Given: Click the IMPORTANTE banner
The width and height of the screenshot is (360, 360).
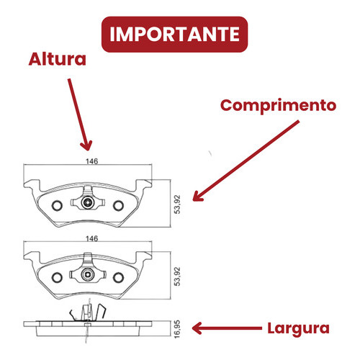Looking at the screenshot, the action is click(x=174, y=35).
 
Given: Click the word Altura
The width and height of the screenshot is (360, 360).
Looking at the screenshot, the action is click(x=58, y=59).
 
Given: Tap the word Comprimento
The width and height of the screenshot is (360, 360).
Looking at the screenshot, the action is click(x=278, y=106).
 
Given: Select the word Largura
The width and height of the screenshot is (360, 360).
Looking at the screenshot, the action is click(x=298, y=328).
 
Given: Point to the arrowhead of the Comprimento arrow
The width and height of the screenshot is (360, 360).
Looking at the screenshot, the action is click(x=197, y=197).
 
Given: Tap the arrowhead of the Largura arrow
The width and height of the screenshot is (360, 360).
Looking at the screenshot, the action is click(x=197, y=328).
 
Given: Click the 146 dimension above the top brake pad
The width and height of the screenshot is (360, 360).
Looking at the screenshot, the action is click(x=92, y=161).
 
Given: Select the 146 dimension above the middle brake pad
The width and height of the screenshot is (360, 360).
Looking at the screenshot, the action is click(x=92, y=238).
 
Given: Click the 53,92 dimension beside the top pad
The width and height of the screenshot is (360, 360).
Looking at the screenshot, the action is click(x=177, y=204).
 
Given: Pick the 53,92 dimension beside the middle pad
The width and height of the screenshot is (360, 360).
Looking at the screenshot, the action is click(x=177, y=276).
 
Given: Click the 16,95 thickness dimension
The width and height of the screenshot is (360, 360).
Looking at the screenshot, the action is click(x=177, y=329).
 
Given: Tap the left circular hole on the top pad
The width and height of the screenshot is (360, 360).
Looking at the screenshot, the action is click(x=57, y=205).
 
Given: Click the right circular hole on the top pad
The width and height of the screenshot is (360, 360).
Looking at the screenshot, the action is click(x=118, y=205).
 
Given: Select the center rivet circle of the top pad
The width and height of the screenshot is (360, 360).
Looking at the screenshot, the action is click(x=87, y=203).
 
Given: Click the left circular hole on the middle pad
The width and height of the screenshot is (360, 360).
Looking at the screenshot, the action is click(x=57, y=277).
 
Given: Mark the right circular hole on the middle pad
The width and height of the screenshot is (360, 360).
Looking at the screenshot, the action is click(x=118, y=277).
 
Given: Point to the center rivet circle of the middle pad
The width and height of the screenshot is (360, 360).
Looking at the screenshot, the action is click(x=87, y=274).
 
